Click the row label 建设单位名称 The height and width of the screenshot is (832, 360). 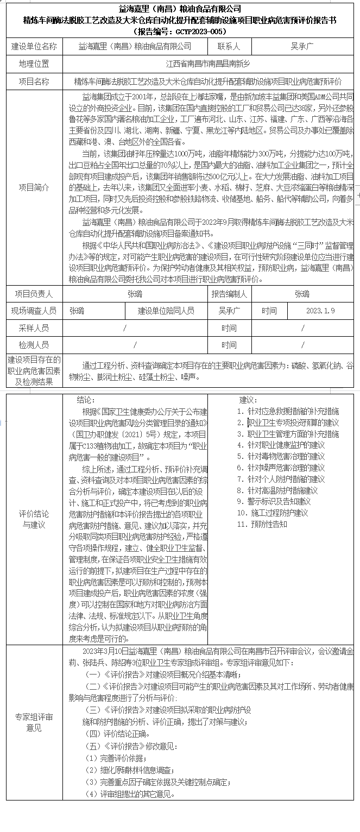pos(34,47)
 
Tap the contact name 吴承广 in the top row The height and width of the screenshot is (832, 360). pos(302,47)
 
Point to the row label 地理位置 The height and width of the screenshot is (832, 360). pos(34,64)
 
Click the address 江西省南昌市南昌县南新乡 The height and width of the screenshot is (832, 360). pos(208,64)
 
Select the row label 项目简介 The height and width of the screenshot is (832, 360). pos(34,187)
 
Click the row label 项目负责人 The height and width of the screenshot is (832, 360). pos(34,294)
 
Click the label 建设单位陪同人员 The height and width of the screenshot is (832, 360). pos(166,311)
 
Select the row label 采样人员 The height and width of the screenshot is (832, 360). pos(34,328)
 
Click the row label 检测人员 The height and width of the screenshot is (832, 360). pos(34,345)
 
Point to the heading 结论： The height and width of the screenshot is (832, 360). pos(86,400)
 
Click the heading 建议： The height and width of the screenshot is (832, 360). pos(249,400)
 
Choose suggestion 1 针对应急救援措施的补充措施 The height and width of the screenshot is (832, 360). pos(288,411)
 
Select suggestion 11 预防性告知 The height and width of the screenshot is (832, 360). pos(263,524)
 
